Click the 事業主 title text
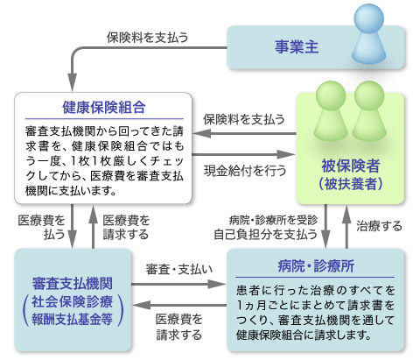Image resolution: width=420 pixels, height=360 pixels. (x=297, y=46)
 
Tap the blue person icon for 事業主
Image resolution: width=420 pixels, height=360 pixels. (x=368, y=33)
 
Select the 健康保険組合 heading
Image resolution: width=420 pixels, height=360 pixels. (x=104, y=107)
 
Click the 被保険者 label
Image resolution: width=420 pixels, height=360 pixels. (x=350, y=166)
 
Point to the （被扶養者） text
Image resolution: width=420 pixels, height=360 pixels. (x=350, y=184)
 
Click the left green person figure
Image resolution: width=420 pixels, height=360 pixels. (x=331, y=111)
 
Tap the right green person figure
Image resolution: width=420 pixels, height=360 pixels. (x=369, y=111)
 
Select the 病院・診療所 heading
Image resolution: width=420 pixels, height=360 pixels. (x=316, y=265)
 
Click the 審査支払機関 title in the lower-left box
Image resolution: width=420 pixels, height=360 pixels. (x=73, y=283)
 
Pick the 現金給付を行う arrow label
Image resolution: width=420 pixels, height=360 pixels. (x=245, y=171)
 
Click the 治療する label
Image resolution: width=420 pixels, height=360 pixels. (x=380, y=226)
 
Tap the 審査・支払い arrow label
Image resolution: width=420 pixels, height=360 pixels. (x=179, y=269)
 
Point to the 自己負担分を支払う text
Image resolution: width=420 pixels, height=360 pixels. (x=265, y=234)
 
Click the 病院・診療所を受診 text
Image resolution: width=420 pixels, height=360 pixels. (x=273, y=220)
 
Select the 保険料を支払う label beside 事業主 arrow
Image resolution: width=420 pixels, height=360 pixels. (x=147, y=38)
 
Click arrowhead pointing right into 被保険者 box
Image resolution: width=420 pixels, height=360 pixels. (x=287, y=154)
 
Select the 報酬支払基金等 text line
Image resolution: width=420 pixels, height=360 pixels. (x=72, y=319)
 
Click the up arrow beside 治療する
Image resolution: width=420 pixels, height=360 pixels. (x=346, y=227)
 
